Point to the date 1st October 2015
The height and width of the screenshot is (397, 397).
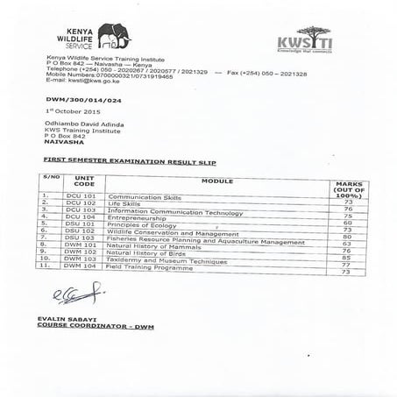(x=69, y=113)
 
